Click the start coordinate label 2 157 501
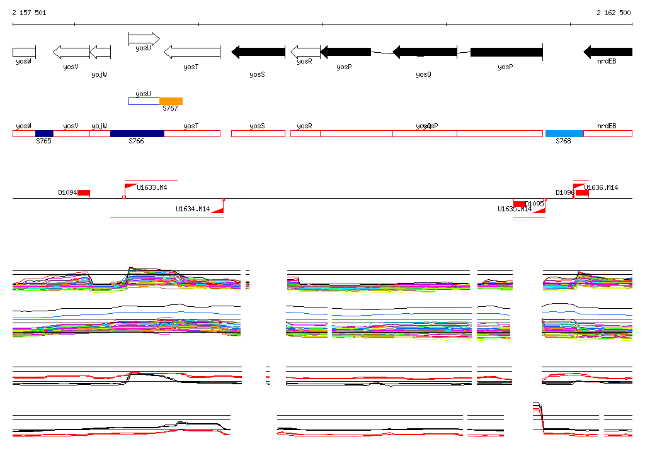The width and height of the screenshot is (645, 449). coord(29,13)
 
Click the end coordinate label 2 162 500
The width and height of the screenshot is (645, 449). coord(614,13)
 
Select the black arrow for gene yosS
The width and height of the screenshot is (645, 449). coord(258,52)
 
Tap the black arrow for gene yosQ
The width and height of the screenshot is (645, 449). coord(425,52)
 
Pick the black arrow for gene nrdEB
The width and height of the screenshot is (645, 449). coord(608,52)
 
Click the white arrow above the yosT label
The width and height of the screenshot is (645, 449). coord(192,52)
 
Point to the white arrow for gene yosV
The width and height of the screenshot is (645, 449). coord(71,52)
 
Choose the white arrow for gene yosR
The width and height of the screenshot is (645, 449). coord(305,52)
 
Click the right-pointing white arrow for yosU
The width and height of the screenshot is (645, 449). coord(144,39)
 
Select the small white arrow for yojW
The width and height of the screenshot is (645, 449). coord(100,52)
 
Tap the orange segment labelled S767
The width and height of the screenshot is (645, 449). coord(171,101)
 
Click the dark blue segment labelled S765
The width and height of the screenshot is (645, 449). coord(44,133)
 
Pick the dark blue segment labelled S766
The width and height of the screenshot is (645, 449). coord(137,133)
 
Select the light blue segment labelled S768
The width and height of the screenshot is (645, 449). coord(564,133)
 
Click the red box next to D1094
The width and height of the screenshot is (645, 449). coord(84,192)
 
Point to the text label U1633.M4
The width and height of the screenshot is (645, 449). coord(152,187)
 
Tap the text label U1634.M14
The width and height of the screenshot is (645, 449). coord(193,209)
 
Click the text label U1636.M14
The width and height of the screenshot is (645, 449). coord(601,187)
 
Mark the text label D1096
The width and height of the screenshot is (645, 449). coord(564,192)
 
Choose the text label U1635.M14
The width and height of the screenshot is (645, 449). coord(515,209)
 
